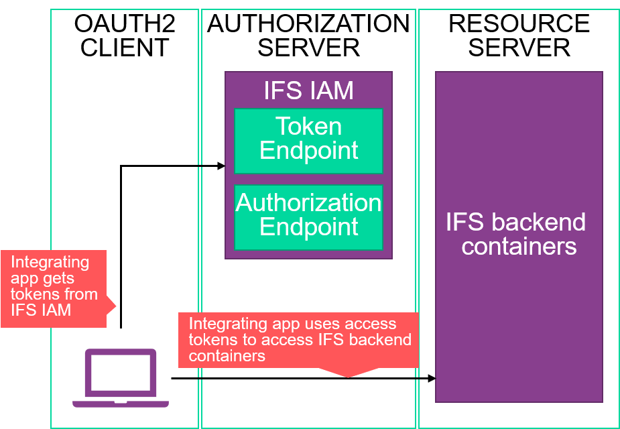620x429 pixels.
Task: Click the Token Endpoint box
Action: pyautogui.click(x=308, y=139)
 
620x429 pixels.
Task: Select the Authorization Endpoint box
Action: pyautogui.click(x=308, y=215)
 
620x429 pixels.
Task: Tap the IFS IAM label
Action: pyautogui.click(x=308, y=90)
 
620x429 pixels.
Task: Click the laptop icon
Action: pyautogui.click(x=121, y=378)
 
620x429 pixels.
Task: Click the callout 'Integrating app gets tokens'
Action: pyautogui.click(x=54, y=286)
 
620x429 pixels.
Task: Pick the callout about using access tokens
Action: pyautogui.click(x=298, y=339)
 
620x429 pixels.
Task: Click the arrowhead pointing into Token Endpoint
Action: pyautogui.click(x=222, y=166)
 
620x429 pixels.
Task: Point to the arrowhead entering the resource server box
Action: pyautogui.click(x=432, y=379)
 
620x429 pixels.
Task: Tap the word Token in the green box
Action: pyautogui.click(x=308, y=127)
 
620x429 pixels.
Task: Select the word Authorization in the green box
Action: pyautogui.click(x=308, y=202)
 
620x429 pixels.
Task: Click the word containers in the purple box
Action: pyautogui.click(x=519, y=247)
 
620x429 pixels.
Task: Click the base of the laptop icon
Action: pyautogui.click(x=121, y=404)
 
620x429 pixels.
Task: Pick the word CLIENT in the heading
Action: pyautogui.click(x=125, y=48)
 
